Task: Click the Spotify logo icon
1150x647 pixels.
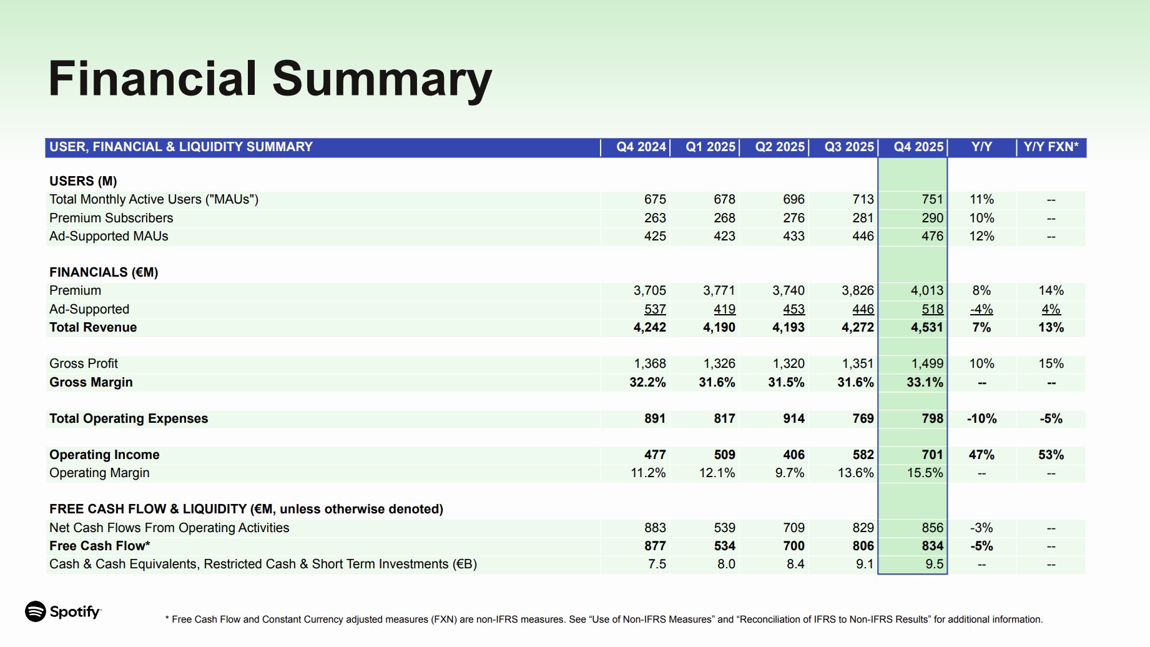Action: point(36,611)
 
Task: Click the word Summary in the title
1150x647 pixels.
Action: point(382,79)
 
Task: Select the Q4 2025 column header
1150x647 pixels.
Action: point(918,147)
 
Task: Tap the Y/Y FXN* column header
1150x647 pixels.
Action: point(1051,147)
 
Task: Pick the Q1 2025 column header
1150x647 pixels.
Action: point(710,147)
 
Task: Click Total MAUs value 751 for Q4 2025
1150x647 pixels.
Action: point(932,199)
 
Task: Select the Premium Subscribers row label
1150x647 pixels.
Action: point(111,218)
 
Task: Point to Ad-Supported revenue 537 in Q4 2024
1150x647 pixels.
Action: point(655,309)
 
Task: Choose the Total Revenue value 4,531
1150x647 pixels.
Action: point(926,327)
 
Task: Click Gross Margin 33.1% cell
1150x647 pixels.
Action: point(925,382)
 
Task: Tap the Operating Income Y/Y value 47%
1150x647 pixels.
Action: point(981,455)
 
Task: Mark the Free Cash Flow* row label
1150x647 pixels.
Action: point(100,546)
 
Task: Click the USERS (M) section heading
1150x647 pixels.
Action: point(83,181)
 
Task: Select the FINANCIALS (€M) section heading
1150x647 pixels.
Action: point(104,272)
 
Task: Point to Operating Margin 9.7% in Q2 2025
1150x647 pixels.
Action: point(789,473)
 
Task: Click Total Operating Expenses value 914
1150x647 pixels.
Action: point(794,418)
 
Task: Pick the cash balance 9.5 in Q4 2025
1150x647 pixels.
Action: point(934,564)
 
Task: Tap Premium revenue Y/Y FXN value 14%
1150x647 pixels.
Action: point(1051,290)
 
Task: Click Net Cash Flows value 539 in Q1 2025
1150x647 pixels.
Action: point(724,528)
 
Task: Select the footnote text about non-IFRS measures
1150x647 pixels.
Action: point(603,620)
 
